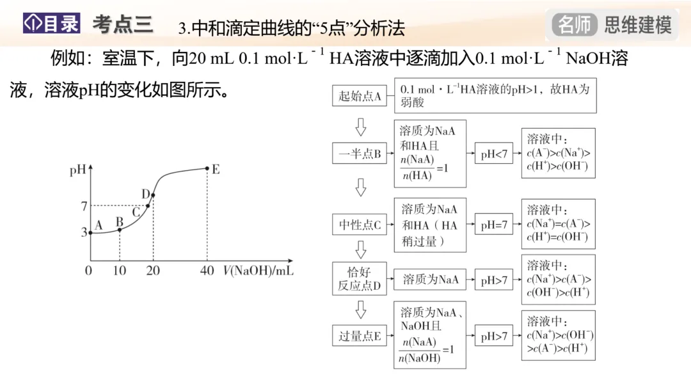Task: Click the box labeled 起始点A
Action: (x=360, y=96)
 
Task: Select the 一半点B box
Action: (x=360, y=154)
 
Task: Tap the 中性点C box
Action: (x=360, y=225)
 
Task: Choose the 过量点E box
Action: (x=360, y=336)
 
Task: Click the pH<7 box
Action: (x=494, y=154)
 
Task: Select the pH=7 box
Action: (x=494, y=225)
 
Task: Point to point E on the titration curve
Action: (x=207, y=169)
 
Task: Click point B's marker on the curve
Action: (x=120, y=230)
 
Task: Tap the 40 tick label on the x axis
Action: (x=207, y=271)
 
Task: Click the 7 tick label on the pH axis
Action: (x=84, y=205)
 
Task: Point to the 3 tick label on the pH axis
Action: (x=84, y=233)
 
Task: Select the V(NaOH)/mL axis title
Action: (x=258, y=271)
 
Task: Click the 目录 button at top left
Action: (x=52, y=24)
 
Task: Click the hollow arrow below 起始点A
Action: (x=360, y=127)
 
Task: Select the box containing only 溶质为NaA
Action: (x=430, y=280)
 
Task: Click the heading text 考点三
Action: (x=122, y=24)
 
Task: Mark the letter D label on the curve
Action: (x=146, y=194)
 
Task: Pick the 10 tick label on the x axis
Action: (x=120, y=271)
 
